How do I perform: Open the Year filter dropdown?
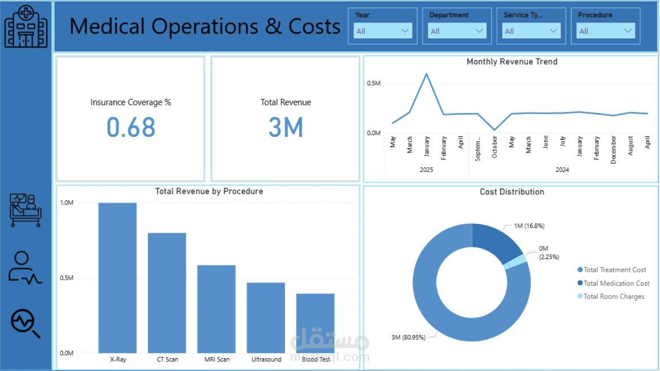[383, 31]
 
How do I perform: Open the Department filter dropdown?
[457, 31]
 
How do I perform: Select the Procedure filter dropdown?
[606, 31]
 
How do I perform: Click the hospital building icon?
[26, 26]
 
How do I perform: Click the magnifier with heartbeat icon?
[25, 323]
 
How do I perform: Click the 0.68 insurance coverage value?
[131, 127]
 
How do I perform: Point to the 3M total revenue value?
[285, 127]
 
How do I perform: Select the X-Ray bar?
[117, 277]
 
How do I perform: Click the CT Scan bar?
[167, 293]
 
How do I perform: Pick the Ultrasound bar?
[266, 318]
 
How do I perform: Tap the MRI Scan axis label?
[217, 360]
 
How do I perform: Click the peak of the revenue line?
[426, 74]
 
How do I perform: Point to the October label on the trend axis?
[494, 146]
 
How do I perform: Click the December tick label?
[613, 150]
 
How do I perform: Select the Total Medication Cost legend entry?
[613, 283]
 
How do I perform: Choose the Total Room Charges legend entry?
[611, 296]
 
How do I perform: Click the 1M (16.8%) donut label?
[529, 226]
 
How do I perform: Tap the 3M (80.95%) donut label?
[408, 337]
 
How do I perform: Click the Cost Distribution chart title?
[512, 192]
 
